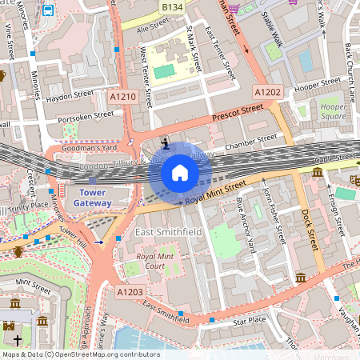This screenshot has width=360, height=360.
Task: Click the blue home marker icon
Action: click(180, 172)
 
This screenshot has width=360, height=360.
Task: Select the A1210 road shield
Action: click(123, 97)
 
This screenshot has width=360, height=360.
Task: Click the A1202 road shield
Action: click(267, 93)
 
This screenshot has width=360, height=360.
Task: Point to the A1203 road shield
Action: click(130, 293)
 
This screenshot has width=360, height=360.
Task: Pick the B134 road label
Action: click(172, 6)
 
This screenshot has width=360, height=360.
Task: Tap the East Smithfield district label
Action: click(169, 232)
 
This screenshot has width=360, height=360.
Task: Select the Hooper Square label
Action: click(333, 111)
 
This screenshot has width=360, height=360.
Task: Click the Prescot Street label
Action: click(238, 113)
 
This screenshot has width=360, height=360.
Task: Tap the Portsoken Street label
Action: click(86, 116)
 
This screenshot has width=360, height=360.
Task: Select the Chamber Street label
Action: click(250, 146)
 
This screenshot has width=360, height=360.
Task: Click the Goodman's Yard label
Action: click(90, 148)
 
